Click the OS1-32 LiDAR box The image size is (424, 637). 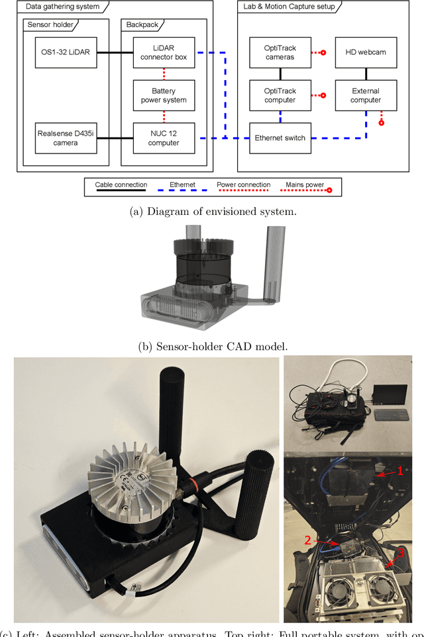point(66,52)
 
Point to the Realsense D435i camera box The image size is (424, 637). point(66,138)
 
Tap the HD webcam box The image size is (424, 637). point(366,52)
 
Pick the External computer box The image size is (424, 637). point(366,95)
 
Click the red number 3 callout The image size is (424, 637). point(400,553)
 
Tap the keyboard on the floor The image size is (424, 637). point(390,414)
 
